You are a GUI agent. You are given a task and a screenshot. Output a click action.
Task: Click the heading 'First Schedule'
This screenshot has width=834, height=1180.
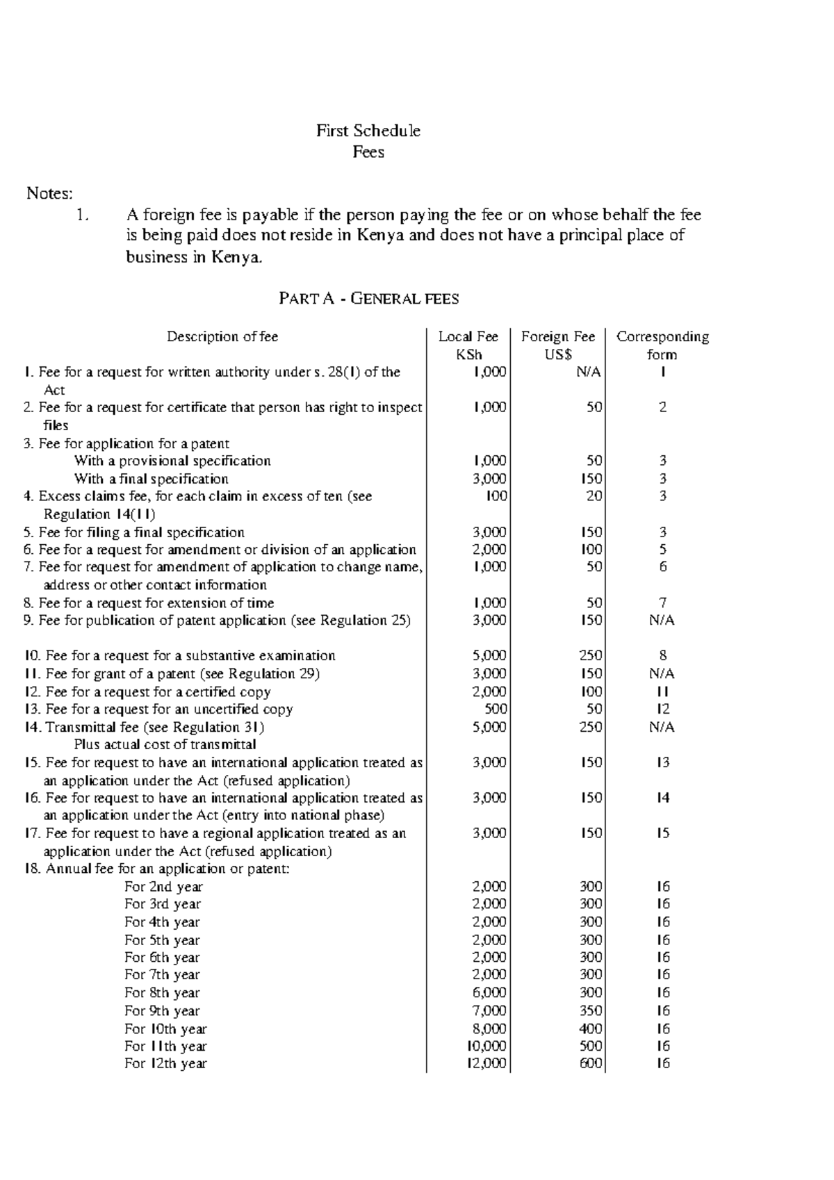click(x=368, y=131)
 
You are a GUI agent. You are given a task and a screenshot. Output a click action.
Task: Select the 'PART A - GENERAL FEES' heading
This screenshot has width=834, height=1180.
click(x=368, y=299)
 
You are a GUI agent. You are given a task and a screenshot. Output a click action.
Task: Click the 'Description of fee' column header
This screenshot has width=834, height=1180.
click(x=222, y=337)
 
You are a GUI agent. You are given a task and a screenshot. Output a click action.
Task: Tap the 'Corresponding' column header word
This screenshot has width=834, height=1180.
click(x=662, y=337)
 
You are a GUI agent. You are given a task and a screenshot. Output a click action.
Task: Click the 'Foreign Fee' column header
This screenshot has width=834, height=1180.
click(x=558, y=337)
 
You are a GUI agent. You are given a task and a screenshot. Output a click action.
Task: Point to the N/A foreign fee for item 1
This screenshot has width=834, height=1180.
click(x=588, y=372)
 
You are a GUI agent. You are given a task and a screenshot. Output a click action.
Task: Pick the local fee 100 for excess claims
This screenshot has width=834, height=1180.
click(x=496, y=496)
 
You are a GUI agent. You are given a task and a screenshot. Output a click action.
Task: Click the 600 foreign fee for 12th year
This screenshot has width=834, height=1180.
click(x=591, y=1063)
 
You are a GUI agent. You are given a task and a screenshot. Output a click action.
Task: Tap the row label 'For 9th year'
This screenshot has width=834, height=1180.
click(x=162, y=1011)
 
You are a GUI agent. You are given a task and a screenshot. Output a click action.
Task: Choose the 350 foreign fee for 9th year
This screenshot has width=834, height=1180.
click(x=591, y=1011)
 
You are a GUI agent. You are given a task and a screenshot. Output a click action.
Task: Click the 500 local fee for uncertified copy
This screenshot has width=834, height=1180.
click(x=496, y=710)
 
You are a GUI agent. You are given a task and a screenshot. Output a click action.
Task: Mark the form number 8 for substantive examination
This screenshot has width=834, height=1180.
click(x=662, y=655)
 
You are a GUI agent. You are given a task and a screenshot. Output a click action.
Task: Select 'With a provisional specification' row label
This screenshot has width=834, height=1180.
click(x=172, y=461)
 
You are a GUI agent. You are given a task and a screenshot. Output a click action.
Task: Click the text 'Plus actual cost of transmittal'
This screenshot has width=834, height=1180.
click(x=165, y=745)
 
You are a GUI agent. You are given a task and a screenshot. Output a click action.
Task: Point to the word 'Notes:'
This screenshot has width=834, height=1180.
click(x=49, y=193)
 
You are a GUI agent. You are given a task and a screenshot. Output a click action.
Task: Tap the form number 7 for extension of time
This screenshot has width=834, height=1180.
click(x=662, y=603)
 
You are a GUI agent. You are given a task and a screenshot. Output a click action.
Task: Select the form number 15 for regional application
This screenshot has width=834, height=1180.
click(x=662, y=833)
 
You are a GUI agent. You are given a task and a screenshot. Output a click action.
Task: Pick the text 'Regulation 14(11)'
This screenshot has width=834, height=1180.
click(x=99, y=515)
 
